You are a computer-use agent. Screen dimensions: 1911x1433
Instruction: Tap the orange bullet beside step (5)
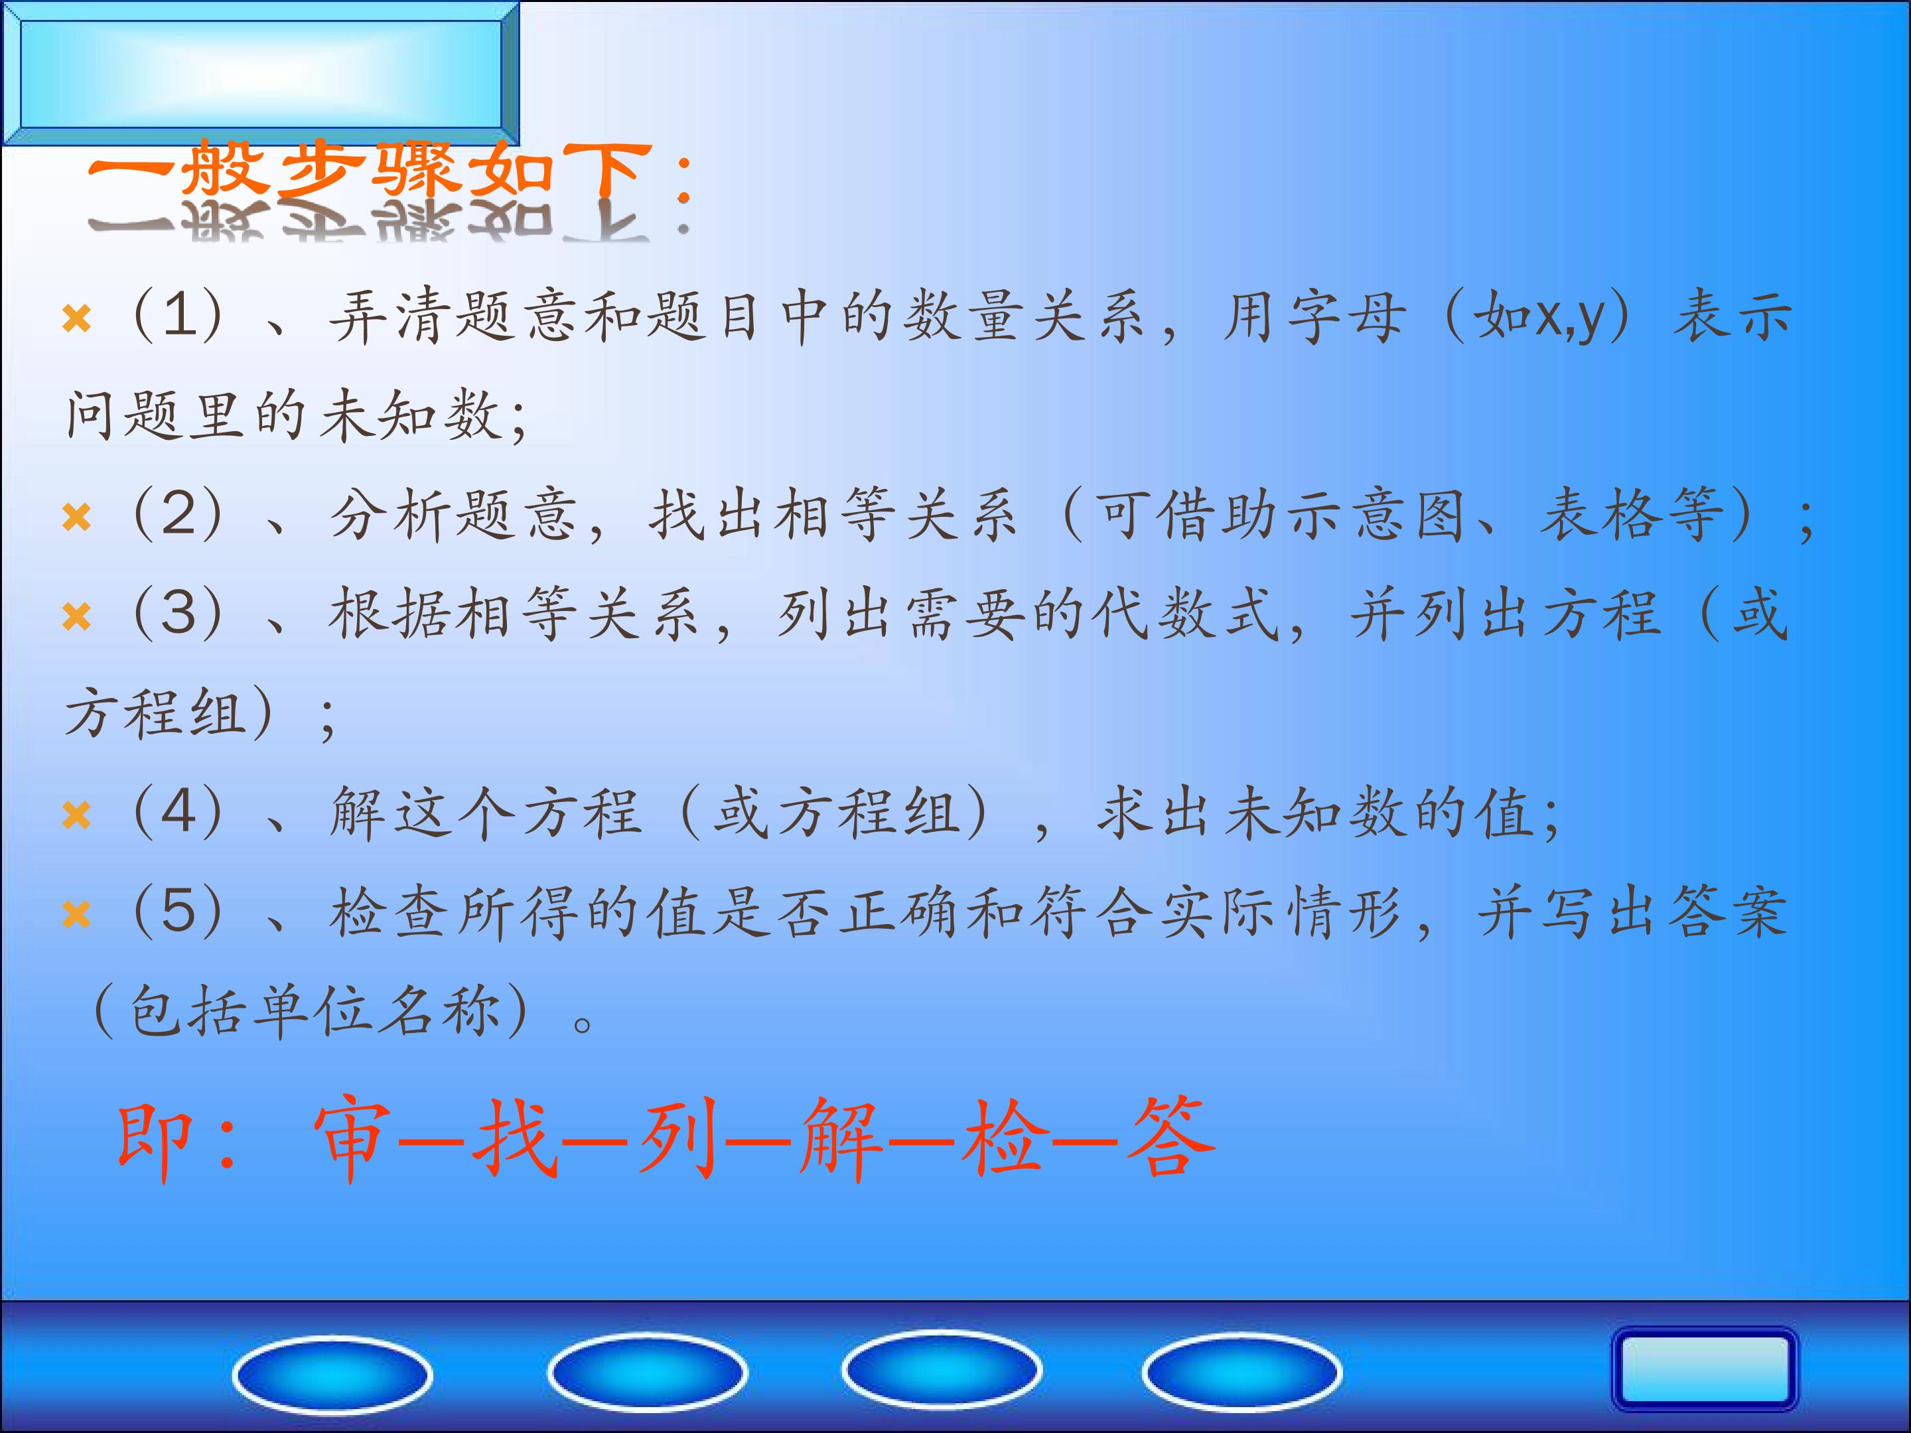coord(76,915)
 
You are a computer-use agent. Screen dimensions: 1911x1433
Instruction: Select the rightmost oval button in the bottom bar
coord(1241,1371)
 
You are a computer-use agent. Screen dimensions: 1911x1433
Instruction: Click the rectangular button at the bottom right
coord(1704,1369)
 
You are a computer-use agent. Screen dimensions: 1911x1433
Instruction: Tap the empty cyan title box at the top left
coord(260,72)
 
